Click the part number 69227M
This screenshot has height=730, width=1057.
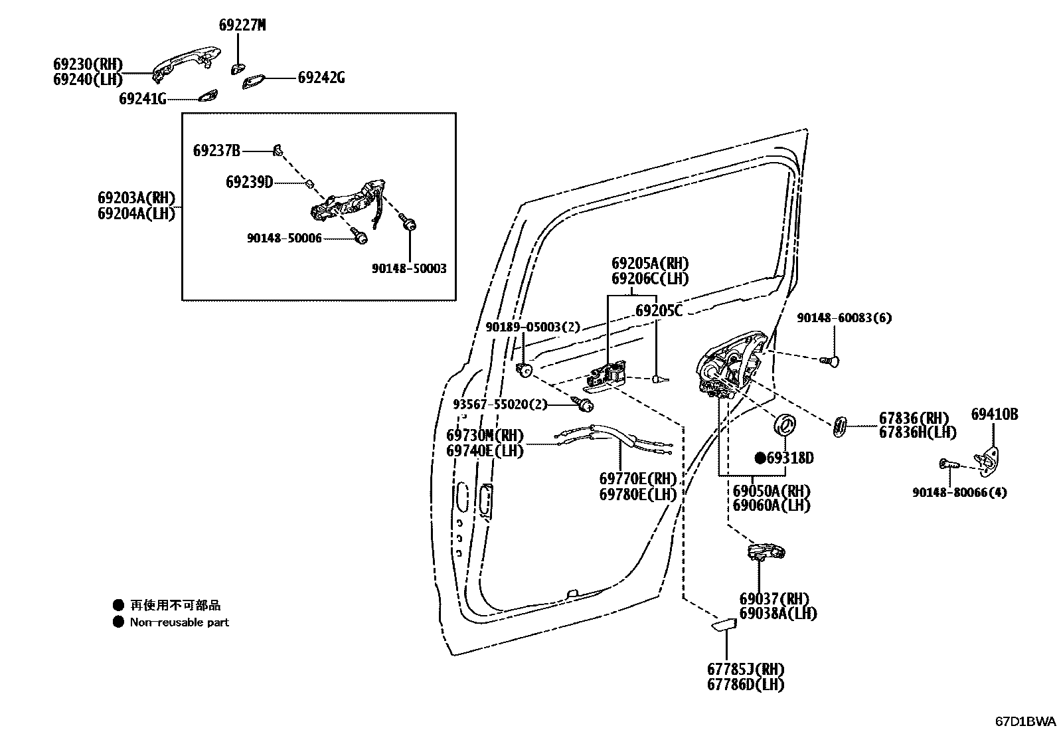pos(242,25)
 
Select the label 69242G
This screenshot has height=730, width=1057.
pos(321,78)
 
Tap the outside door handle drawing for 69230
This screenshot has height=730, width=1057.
pos(186,63)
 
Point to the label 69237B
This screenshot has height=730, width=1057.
pos(216,151)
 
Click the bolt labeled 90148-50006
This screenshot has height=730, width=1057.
pos(360,235)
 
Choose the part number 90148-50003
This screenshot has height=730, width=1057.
pos(409,269)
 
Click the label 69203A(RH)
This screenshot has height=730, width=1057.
pos(136,198)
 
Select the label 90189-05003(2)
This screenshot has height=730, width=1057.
pos(532,327)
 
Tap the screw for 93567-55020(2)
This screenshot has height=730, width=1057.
pos(585,403)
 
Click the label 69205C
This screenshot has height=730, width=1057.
pos(659,311)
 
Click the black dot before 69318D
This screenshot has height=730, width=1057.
pos(760,458)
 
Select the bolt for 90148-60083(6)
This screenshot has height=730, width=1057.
pos(831,361)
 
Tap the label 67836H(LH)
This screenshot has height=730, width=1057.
pos(918,432)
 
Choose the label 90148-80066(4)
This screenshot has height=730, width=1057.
pos(959,493)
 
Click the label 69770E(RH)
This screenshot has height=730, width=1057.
pos(637,479)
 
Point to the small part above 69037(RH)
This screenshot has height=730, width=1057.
pos(766,551)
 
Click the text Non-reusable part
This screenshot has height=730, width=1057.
pos(179,622)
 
